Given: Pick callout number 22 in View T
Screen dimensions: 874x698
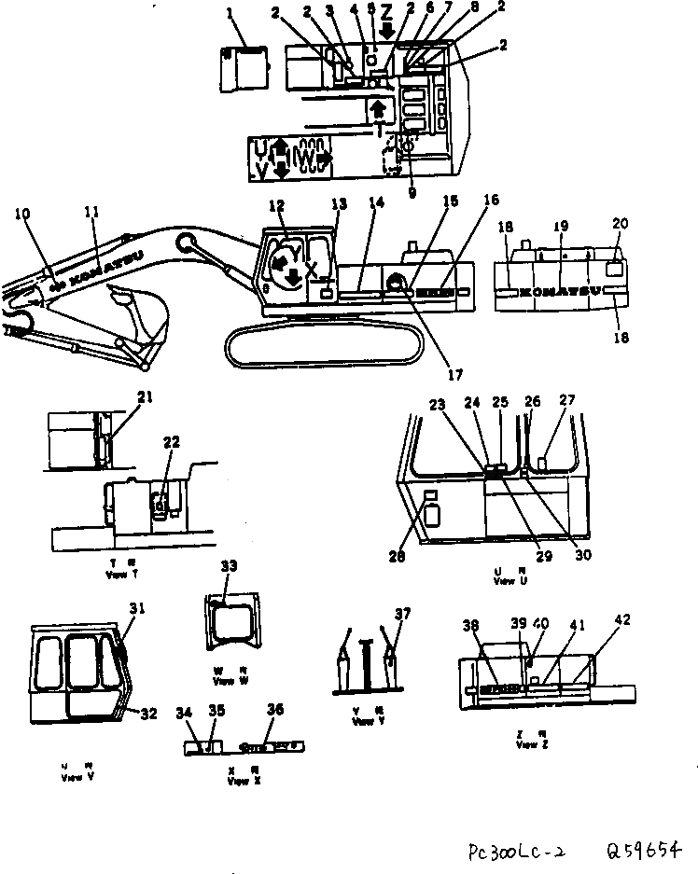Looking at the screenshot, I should (171, 442).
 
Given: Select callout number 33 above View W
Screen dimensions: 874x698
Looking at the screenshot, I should (230, 566).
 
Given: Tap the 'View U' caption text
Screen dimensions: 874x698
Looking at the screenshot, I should (504, 580).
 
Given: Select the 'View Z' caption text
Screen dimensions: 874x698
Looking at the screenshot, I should (526, 744).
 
